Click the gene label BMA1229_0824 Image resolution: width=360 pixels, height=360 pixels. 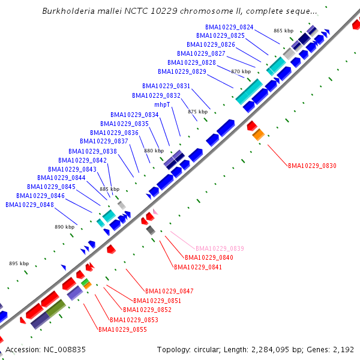(229, 27)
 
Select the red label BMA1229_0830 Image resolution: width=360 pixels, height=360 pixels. (312, 165)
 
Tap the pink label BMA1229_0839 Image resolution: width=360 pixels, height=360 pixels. (220, 248)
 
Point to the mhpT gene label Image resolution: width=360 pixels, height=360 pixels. (162, 104)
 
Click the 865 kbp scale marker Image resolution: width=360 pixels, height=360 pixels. (283, 31)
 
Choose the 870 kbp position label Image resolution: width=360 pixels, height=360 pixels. (241, 71)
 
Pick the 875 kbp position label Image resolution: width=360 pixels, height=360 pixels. (197, 112)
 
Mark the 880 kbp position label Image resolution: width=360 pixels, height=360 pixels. (154, 151)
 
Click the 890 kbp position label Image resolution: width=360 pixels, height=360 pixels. (64, 227)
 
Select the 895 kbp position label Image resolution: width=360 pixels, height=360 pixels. (19, 263)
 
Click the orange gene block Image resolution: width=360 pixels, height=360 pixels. (258, 135)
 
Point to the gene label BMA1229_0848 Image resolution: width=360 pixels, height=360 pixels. (29, 205)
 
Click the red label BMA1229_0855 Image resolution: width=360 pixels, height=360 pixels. (122, 329)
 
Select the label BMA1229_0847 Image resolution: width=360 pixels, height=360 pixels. (169, 291)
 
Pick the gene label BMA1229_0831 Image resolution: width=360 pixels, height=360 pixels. (166, 86)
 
